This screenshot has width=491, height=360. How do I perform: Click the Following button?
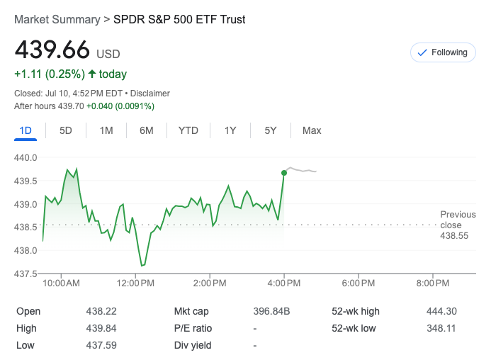click(443, 52)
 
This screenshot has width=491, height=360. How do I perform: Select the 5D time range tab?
click(66, 130)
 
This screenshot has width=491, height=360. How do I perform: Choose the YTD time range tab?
click(188, 130)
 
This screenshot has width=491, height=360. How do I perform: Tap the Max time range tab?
click(312, 130)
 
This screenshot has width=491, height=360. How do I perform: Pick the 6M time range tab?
click(147, 130)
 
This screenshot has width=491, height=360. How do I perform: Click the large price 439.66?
click(52, 50)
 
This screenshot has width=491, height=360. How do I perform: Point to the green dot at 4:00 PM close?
click(284, 172)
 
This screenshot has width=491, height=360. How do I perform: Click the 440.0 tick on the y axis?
click(26, 157)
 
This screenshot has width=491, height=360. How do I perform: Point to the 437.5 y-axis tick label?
click(26, 274)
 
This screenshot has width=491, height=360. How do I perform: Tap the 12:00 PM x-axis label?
click(135, 283)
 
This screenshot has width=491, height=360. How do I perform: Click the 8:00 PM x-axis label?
click(433, 283)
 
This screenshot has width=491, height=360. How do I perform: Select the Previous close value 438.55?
click(453, 236)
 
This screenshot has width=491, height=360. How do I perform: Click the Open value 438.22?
click(102, 311)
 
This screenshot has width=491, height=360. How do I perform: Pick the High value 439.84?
click(102, 328)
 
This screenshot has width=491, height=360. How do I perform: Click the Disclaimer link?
click(149, 94)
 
